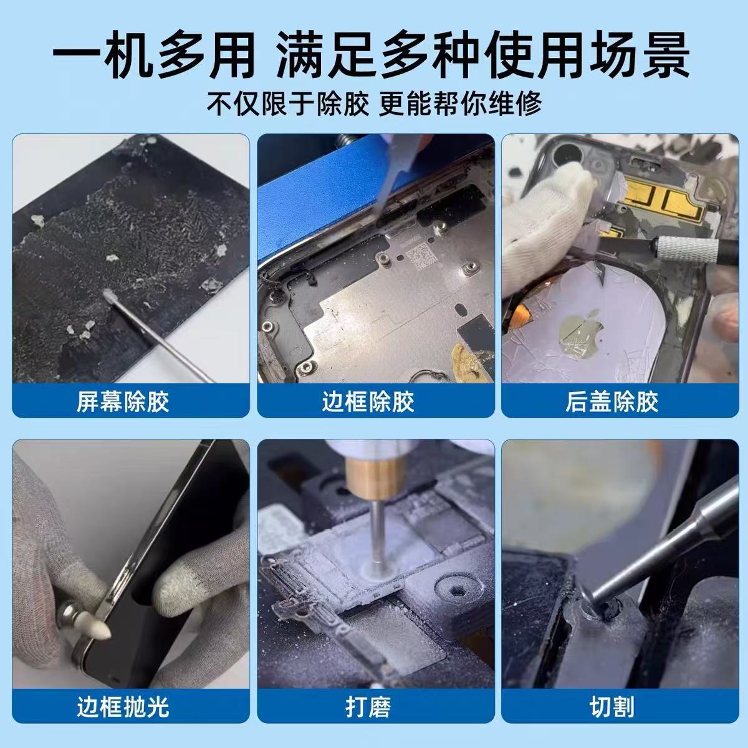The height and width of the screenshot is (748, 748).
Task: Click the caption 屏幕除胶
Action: (x=123, y=401)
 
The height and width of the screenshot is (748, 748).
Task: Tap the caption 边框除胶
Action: (x=368, y=401)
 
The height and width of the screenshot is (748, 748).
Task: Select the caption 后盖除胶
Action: (x=612, y=401)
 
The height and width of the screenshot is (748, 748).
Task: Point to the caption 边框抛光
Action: (x=123, y=707)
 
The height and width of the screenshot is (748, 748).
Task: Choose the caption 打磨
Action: (x=368, y=707)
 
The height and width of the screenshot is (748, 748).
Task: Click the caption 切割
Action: (x=612, y=707)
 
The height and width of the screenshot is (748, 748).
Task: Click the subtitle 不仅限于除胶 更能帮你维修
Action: (x=374, y=103)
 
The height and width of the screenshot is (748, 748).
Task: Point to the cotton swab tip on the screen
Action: (x=107, y=295)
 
